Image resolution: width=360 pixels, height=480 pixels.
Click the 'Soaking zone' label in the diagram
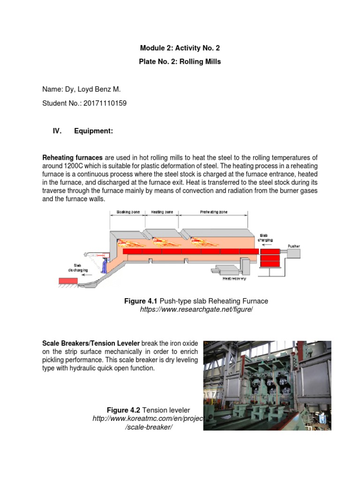coord(124,212)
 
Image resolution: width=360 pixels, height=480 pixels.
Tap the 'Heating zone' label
coord(162,212)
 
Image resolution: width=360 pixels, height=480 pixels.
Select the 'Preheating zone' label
coord(214,212)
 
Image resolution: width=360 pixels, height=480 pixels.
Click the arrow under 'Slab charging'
coord(268,244)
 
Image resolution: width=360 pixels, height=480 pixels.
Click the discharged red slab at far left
coord(68,280)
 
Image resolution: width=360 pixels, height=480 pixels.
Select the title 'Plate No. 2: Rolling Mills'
coord(180,61)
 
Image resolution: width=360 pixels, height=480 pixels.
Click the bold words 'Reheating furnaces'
coord(73,158)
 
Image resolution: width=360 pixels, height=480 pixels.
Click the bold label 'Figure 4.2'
coord(123,411)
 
